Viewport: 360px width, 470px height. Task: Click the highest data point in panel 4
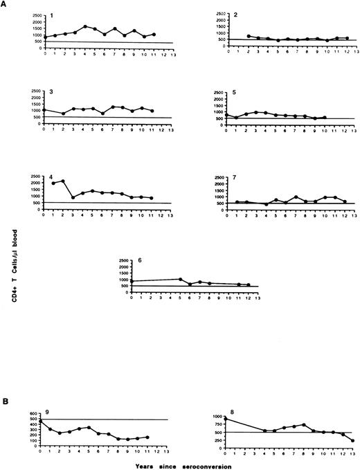63,181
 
